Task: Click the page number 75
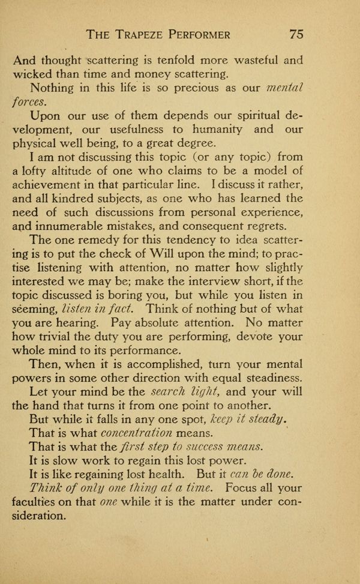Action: [x=296, y=34]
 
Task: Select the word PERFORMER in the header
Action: [x=234, y=34]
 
